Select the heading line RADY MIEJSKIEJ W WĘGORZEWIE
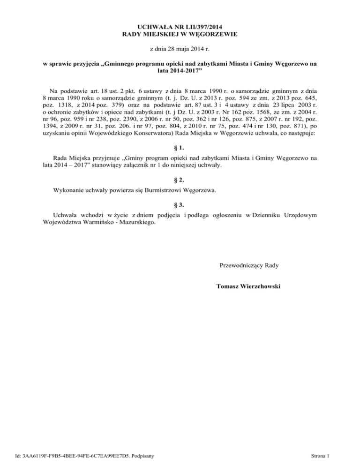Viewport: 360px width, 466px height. tap(180, 34)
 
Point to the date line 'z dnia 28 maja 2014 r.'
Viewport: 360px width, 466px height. tap(180, 48)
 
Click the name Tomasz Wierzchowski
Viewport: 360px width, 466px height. tap(249, 286)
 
